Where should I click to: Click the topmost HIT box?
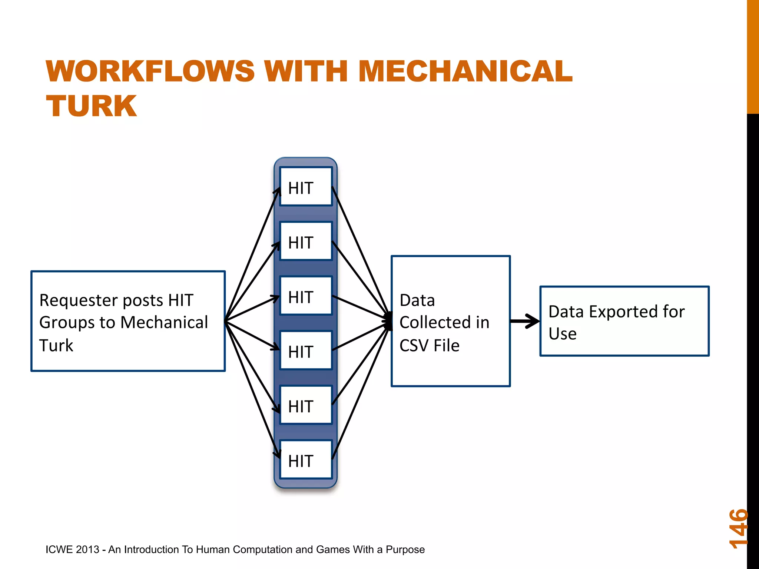tap(306, 187)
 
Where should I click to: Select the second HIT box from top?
tap(306, 241)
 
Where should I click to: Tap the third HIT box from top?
tap(306, 296)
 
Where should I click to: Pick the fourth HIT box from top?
tap(306, 350)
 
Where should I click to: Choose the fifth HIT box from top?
tap(306, 405)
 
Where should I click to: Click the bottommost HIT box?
tap(306, 459)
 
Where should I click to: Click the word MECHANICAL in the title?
tap(465, 71)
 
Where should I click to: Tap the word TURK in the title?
tap(91, 106)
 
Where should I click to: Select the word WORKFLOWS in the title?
tap(150, 71)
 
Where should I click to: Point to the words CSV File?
tap(429, 346)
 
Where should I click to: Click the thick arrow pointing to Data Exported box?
tap(525, 321)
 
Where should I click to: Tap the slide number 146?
tap(738, 528)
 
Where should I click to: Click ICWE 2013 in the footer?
tap(72, 549)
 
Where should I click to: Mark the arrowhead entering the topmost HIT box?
tap(278, 190)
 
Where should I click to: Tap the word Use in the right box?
tap(562, 334)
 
